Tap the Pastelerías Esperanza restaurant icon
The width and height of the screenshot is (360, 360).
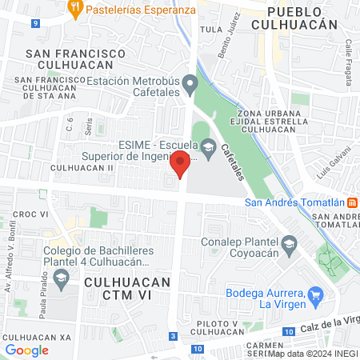(75, 10)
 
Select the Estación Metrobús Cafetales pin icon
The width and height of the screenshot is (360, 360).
(190, 82)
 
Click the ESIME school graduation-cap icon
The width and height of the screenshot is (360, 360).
(209, 146)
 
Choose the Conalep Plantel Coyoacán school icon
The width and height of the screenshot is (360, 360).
(288, 242)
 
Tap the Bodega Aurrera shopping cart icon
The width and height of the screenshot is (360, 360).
(315, 294)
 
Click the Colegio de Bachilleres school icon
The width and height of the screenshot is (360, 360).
(62, 278)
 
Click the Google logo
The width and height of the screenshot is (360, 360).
(26, 350)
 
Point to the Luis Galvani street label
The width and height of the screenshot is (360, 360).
(334, 163)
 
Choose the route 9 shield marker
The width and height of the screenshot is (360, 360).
(35, 23)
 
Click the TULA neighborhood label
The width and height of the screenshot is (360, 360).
(210, 29)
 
